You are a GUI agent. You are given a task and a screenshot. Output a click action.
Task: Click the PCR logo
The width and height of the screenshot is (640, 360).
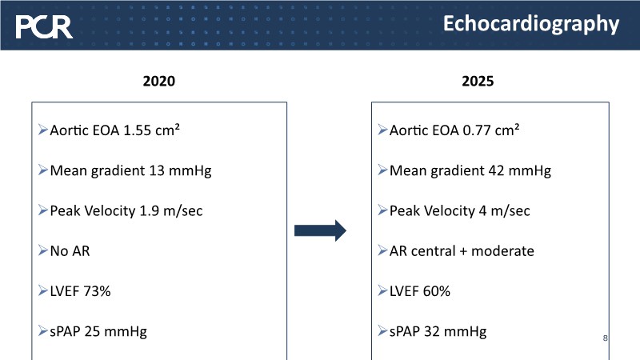(x=44, y=27)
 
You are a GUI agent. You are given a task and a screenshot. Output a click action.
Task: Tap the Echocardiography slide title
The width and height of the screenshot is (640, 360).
(x=531, y=24)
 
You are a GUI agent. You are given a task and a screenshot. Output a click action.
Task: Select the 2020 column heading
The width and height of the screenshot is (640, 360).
(x=158, y=81)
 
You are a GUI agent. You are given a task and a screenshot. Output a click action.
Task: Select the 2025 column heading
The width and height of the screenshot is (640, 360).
(x=478, y=81)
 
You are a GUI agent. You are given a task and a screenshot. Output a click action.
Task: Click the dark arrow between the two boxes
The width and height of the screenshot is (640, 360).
(x=321, y=230)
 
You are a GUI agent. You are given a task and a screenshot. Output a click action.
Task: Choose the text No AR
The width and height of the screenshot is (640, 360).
(x=70, y=251)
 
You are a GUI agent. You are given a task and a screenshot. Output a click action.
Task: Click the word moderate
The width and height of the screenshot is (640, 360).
(x=502, y=251)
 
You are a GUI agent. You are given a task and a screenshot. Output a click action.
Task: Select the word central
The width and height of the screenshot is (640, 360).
(x=433, y=251)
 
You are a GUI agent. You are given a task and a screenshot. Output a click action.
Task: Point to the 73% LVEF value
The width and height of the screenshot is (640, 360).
(x=97, y=291)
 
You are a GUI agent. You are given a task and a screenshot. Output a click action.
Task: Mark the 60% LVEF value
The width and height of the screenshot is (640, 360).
(x=436, y=291)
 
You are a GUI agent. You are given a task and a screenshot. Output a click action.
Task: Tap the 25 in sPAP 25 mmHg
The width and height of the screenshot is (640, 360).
(x=92, y=331)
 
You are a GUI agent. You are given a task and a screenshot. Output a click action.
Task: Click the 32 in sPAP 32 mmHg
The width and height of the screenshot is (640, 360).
(x=432, y=331)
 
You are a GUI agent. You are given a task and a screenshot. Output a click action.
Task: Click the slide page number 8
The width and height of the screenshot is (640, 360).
(x=605, y=338)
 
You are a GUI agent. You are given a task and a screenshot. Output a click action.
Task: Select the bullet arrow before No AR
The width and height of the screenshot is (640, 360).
(x=43, y=250)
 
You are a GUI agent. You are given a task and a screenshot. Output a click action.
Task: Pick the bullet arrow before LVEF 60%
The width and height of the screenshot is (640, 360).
(x=383, y=290)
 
